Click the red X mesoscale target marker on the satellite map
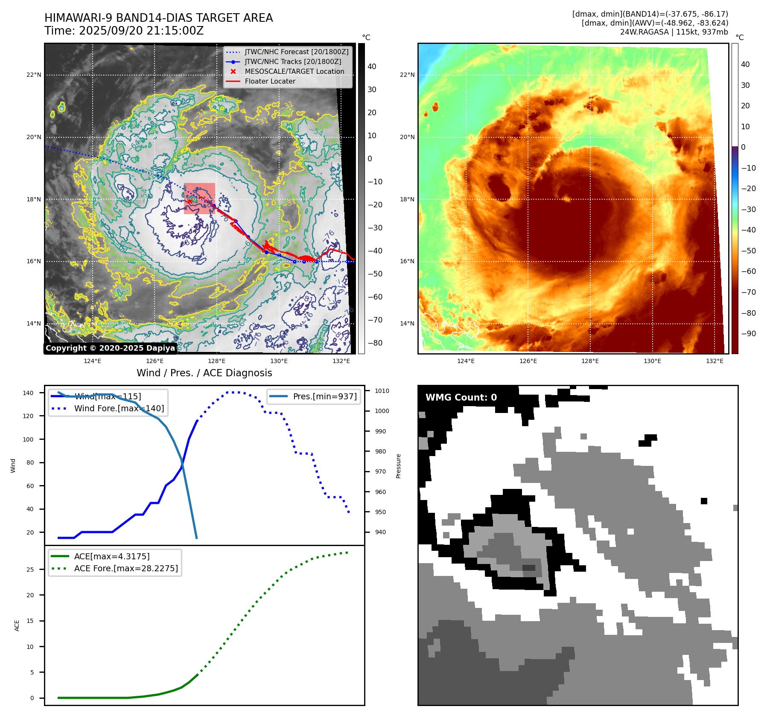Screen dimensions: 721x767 tap(190, 201)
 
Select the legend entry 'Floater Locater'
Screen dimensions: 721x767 tap(270, 81)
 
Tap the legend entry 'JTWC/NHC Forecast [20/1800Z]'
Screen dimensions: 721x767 tap(296, 52)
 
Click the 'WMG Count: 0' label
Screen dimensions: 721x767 tap(461, 398)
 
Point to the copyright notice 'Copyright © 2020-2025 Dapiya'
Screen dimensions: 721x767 tap(110, 348)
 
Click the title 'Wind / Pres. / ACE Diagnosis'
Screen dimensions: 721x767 tap(204, 373)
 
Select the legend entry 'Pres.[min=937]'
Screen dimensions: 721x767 tap(324, 396)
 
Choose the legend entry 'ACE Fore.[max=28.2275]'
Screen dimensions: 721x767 tap(126, 568)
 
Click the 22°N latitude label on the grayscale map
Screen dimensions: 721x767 tap(34, 75)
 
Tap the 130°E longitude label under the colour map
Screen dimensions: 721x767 tap(652, 361)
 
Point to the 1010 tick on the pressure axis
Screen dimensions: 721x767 tap(382, 391)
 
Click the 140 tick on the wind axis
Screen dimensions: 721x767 tap(28, 393)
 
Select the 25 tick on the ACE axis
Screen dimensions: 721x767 tap(30, 570)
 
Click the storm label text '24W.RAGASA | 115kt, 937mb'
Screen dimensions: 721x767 tap(674, 32)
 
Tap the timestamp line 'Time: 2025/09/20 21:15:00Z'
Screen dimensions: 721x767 tap(124, 31)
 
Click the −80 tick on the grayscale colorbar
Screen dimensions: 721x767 tap(375, 343)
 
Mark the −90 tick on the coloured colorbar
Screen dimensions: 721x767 tap(748, 334)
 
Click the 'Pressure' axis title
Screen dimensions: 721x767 tap(398, 466)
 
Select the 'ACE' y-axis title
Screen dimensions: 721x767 tap(17, 625)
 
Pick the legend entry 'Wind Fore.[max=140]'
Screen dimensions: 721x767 tap(119, 408)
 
